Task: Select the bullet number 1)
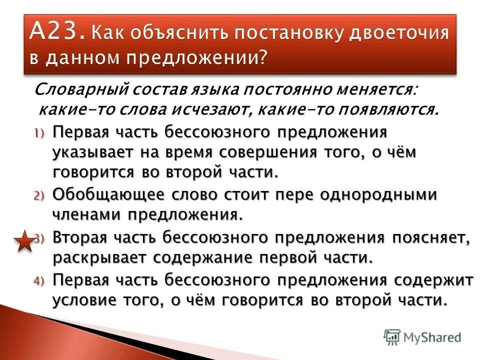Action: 39,133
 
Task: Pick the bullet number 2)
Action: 39,195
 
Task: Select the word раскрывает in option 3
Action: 98,258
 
